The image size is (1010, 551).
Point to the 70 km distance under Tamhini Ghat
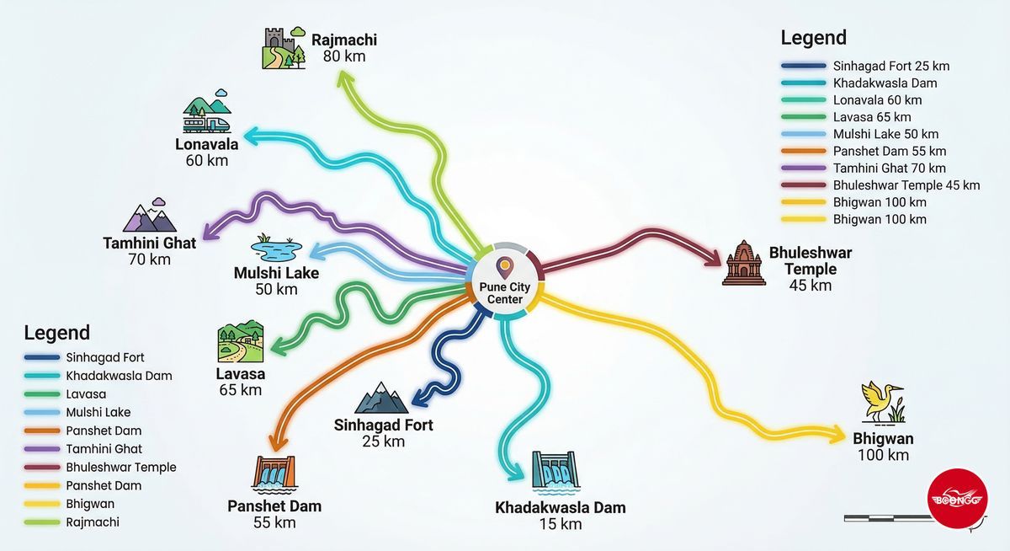pos(149,259)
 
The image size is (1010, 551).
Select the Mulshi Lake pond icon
pos(276,248)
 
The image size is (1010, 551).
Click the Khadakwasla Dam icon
pos(555,472)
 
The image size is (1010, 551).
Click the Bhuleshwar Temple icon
pos(743,263)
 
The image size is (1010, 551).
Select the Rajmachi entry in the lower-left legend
pos(93,522)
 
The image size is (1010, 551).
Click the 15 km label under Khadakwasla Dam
pos(560,524)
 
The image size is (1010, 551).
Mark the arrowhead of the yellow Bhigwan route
pos(838,435)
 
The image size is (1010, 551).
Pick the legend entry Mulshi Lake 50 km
pos(885,134)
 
